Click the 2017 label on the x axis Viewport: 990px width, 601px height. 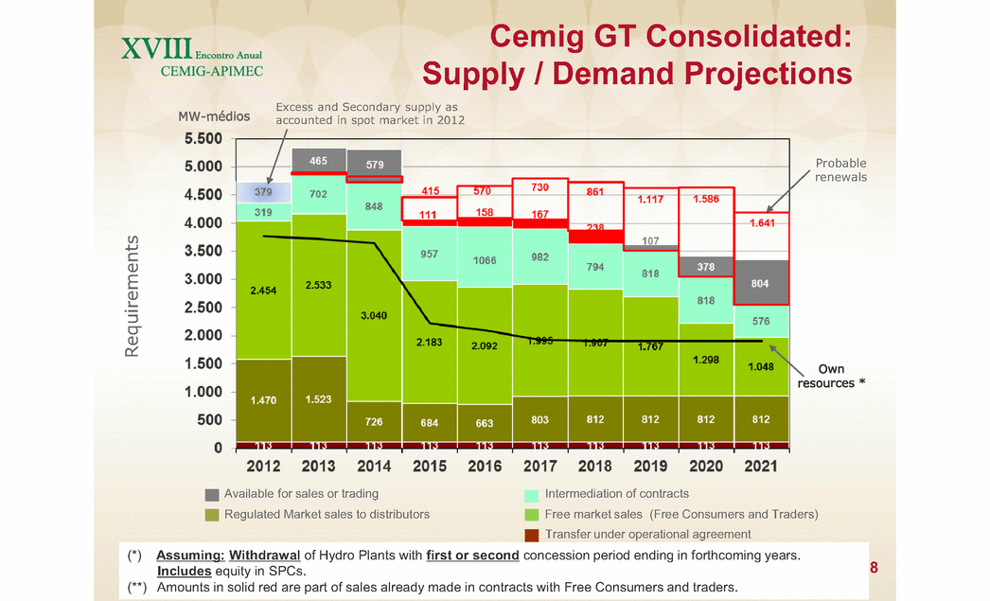pyautogui.click(x=539, y=465)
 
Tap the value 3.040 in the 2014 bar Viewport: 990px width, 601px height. pyautogui.click(x=375, y=316)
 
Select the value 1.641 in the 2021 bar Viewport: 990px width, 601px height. pyautogui.click(x=761, y=224)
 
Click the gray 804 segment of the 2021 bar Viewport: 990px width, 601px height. pyautogui.click(x=761, y=282)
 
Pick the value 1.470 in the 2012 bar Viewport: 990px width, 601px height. pyautogui.click(x=264, y=400)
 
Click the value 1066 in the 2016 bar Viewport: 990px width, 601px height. pyautogui.click(x=485, y=259)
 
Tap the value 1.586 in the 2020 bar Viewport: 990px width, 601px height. pyautogui.click(x=706, y=200)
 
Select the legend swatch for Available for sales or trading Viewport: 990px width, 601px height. pyautogui.click(x=212, y=494)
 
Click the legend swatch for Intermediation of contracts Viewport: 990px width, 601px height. pyautogui.click(x=533, y=494)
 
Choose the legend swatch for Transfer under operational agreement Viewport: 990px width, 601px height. pyautogui.click(x=533, y=535)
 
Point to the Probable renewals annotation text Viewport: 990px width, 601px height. pyautogui.click(x=840, y=170)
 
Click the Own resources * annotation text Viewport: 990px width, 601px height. pyautogui.click(x=831, y=376)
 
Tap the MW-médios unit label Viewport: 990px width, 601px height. pyautogui.click(x=214, y=117)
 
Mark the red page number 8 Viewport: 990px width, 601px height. pyautogui.click(x=874, y=568)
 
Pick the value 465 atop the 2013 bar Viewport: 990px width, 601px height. pyautogui.click(x=320, y=162)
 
